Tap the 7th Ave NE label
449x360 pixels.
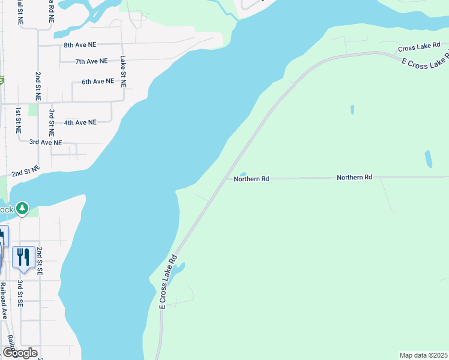tap(91, 61)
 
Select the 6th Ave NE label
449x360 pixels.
tap(97, 82)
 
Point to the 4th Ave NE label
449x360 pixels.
tap(80, 122)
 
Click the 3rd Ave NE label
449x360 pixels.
tap(46, 142)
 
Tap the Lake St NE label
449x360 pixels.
tap(123, 71)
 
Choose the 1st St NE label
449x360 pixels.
tap(19, 119)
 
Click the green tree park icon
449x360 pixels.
tap(22, 208)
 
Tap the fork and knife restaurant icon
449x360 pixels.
tap(23, 257)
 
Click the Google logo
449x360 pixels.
tap(19, 353)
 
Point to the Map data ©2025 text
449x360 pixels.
tap(423, 355)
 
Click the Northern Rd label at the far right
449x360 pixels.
tap(354, 178)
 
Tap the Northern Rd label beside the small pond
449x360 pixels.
tap(252, 179)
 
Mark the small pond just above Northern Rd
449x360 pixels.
tap(243, 175)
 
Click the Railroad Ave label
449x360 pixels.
tap(3, 300)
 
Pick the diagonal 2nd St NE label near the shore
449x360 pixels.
tap(26, 171)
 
